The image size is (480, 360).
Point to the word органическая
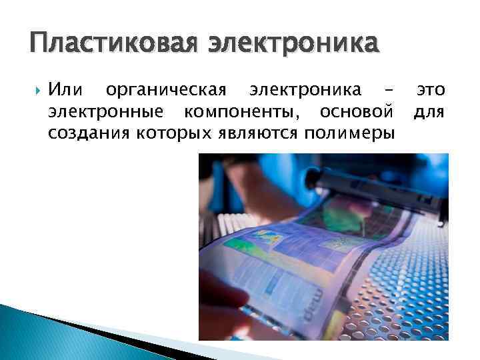(167, 90)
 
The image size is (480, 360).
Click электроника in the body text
(305, 90)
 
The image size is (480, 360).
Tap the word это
(431, 90)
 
